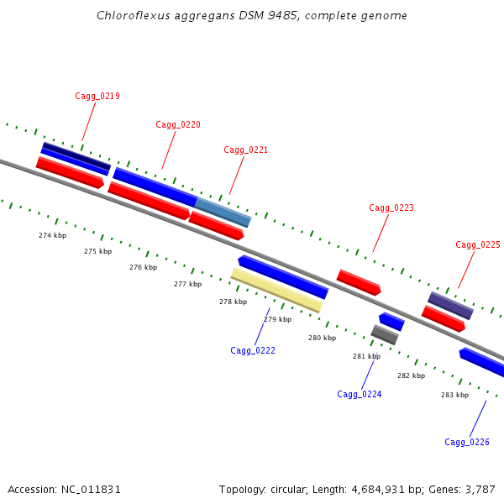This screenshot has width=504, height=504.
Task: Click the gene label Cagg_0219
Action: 97,96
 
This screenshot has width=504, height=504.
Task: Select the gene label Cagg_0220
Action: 178,124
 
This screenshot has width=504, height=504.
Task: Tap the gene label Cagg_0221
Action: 246,150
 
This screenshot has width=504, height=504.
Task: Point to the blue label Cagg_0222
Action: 253,350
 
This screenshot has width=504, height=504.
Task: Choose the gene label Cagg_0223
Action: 391,207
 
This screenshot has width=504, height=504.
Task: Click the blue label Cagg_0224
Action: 360,394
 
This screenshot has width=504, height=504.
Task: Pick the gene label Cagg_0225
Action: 478,244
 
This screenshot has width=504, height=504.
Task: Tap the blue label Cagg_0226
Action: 467,442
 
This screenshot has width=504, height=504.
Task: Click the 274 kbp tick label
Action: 52,235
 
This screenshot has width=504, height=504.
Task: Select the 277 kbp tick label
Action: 187,284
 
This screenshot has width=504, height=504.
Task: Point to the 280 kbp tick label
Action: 322,338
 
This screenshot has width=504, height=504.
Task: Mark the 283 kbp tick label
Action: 454,395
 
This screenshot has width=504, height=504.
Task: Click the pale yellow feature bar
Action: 276,290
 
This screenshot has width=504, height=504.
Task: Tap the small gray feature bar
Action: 385,334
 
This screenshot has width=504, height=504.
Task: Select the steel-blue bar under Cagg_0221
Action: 223,212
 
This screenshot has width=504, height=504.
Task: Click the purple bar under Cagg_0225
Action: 450,305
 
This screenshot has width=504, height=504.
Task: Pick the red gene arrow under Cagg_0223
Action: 359,281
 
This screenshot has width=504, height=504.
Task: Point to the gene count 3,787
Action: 480,489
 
